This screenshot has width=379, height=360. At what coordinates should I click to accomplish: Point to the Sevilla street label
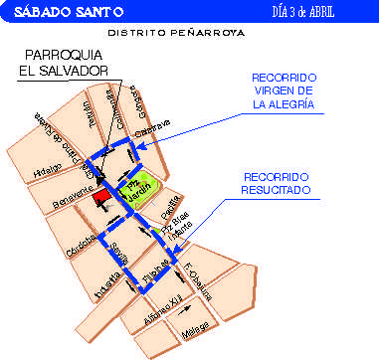pos(118,255)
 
